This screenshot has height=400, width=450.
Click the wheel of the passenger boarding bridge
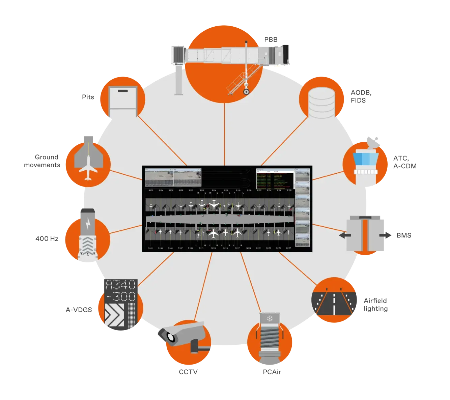247,91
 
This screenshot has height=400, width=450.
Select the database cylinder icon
321,103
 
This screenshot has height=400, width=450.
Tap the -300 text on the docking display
120,297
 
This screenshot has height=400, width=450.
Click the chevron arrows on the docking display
114,315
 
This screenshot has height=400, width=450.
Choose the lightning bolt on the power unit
88,224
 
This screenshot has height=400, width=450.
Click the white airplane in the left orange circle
88,167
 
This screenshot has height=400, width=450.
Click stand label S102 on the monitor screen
151,191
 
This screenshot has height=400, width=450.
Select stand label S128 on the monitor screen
289,191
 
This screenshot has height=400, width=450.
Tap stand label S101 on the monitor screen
150,248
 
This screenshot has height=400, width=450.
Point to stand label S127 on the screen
288,248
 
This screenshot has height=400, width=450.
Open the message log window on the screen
275,179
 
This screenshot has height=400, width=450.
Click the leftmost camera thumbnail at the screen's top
159,178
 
